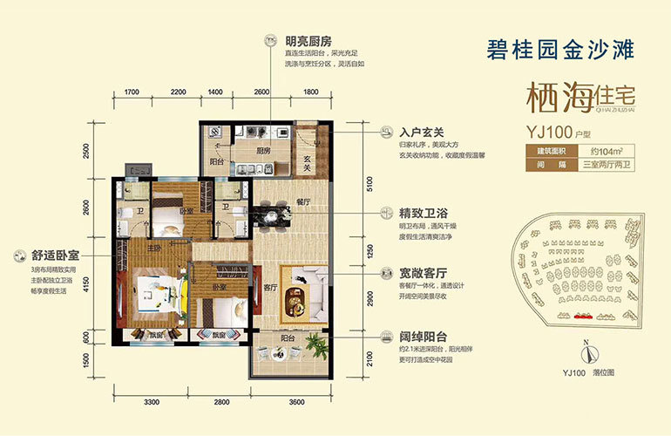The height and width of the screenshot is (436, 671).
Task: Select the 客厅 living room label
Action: click(269, 287)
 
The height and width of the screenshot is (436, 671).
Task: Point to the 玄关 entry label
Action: click(308, 158)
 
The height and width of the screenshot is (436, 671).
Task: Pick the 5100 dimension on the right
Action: click(369, 184)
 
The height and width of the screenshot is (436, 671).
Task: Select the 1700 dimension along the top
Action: click(132, 92)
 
